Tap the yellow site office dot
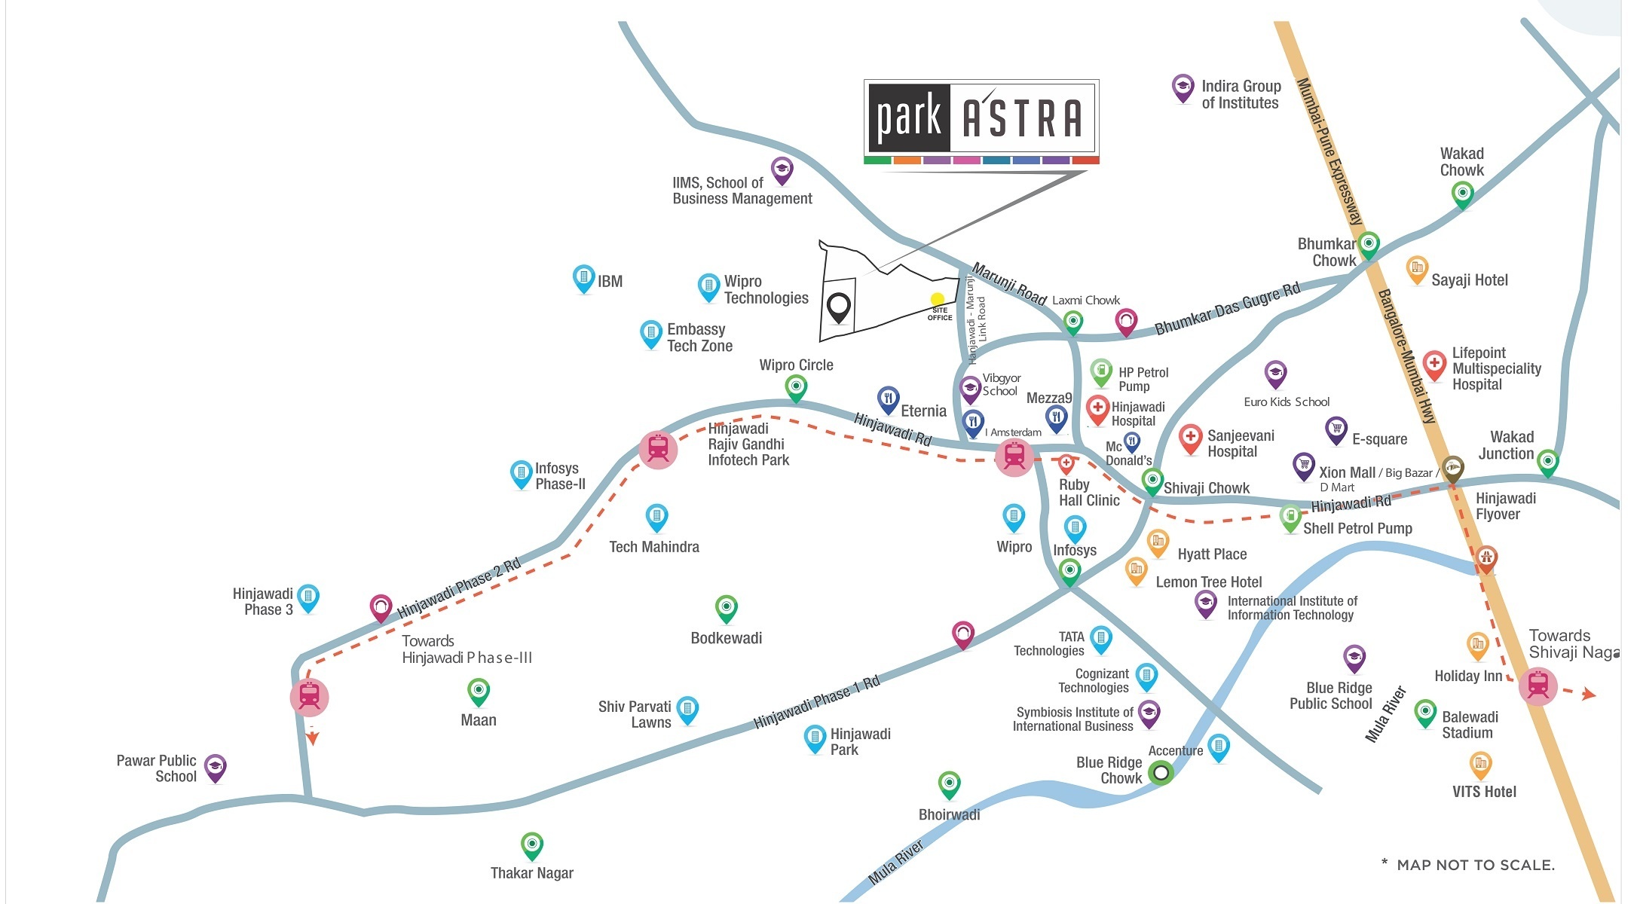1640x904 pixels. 937,299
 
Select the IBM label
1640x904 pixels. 610,282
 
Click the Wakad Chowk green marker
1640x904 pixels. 1462,194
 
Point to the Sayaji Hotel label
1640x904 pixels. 1469,280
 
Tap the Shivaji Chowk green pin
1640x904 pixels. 1152,480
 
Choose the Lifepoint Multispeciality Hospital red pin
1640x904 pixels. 1434,364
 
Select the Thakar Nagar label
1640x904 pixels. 531,873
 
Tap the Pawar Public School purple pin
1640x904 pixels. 216,767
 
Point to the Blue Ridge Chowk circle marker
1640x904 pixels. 1161,773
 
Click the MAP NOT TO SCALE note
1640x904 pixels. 1468,865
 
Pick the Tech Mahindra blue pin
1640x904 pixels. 656,517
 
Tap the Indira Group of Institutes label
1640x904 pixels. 1241,95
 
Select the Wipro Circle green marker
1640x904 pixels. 796,387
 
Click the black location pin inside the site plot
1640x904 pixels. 838,307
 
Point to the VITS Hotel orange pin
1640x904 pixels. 1480,765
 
